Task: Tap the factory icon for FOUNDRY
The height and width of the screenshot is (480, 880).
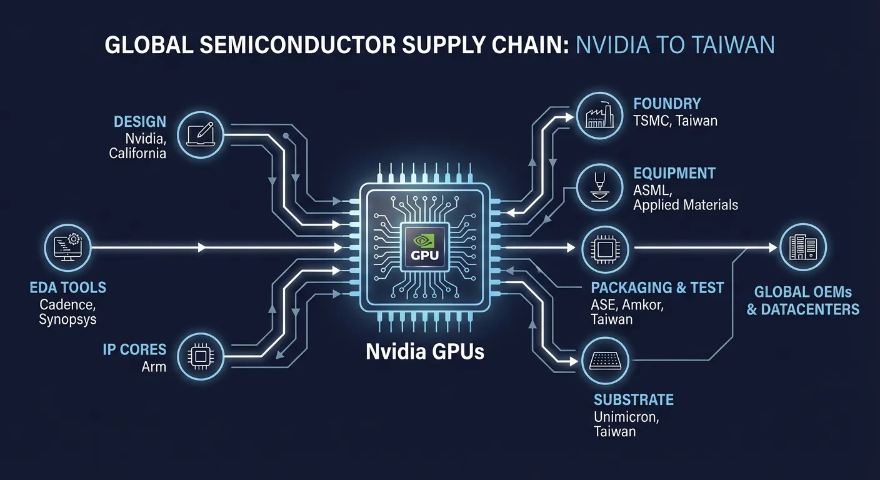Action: [x=599, y=116]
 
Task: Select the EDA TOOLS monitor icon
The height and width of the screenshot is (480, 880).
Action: [x=69, y=248]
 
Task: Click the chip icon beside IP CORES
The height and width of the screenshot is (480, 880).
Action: [x=199, y=356]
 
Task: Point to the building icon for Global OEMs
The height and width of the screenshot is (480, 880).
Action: [x=802, y=248]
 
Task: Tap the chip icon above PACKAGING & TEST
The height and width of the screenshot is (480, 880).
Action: [x=604, y=249]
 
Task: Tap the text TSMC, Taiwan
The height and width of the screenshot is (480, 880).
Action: [x=675, y=121]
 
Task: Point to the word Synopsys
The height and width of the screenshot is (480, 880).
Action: [x=67, y=319]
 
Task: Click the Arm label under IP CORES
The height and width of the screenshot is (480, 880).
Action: [x=154, y=366]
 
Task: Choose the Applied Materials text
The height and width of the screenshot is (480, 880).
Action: [x=685, y=205]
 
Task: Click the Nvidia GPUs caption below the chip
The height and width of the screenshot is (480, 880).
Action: [x=425, y=352]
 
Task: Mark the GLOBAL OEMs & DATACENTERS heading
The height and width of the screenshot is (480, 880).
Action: [x=802, y=301]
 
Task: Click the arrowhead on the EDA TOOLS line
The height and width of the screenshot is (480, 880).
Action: [x=201, y=248]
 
